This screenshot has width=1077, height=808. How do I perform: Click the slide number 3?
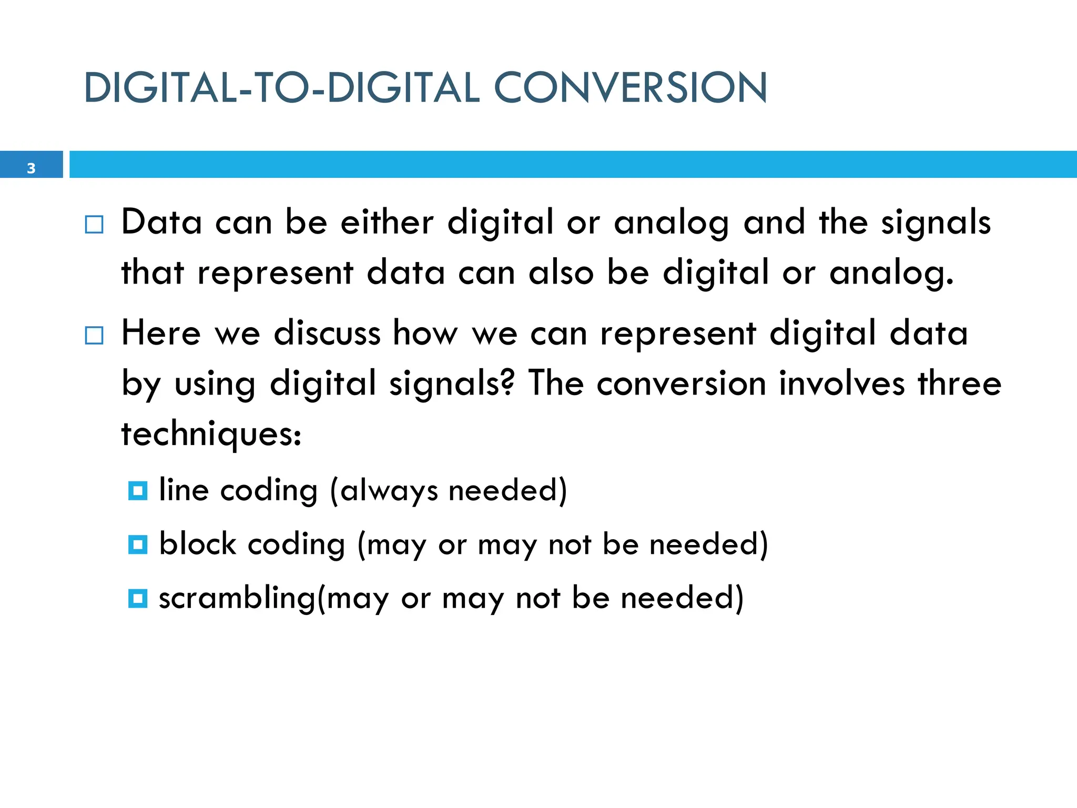coord(31,168)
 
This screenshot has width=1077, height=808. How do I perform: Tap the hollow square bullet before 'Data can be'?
coord(94,225)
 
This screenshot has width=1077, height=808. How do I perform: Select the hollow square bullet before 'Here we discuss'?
coord(94,335)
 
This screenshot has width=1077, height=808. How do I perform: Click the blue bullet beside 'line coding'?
coord(138,491)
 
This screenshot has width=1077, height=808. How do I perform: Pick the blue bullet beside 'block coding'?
coord(138,544)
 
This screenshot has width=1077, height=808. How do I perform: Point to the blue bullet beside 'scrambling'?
coord(138,599)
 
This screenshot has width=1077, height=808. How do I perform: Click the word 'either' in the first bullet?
coord(387,222)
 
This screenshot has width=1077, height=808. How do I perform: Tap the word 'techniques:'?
coord(211,435)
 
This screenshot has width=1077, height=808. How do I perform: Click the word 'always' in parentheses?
coord(389,491)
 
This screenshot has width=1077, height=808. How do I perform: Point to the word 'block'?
coord(198,544)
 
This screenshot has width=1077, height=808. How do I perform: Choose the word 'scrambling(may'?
coord(273,599)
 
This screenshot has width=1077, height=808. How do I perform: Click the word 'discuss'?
coord(327,334)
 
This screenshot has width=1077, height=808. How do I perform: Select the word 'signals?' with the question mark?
coord(452,384)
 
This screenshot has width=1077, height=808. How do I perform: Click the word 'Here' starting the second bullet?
coord(161,334)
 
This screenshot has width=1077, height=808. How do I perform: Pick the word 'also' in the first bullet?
coord(561,274)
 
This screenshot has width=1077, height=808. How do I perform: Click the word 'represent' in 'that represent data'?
coord(275,274)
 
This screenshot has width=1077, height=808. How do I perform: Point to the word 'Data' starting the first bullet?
coord(161,222)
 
